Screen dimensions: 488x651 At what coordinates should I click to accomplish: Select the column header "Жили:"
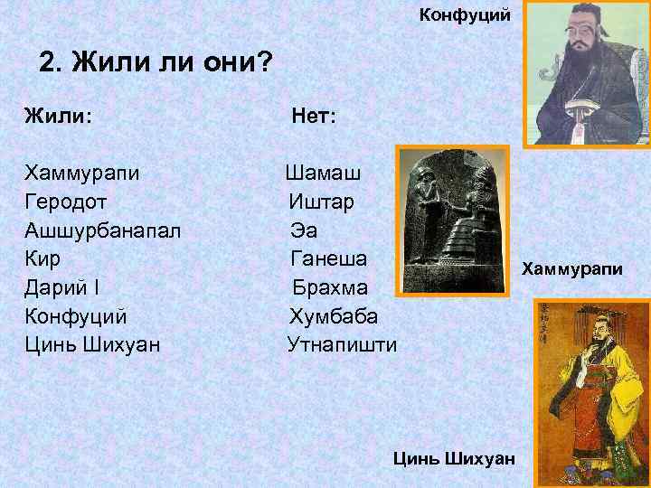click(x=61, y=116)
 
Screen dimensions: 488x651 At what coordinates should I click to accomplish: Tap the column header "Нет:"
click(x=313, y=116)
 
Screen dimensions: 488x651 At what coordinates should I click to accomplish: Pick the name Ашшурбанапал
click(x=102, y=230)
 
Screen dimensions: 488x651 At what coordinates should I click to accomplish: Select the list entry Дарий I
click(x=66, y=287)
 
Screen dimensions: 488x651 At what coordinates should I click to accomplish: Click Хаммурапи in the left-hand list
click(x=81, y=172)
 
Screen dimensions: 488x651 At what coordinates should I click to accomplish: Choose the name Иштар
click(x=322, y=201)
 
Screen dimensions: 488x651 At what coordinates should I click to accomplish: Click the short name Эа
click(x=304, y=230)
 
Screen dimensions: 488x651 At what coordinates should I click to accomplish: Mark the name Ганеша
click(x=328, y=258)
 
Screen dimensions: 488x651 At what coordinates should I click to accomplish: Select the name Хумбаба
click(x=334, y=316)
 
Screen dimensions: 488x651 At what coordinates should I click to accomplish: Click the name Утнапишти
click(x=341, y=345)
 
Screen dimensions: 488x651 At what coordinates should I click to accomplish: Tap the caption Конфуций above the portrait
click(x=465, y=14)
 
